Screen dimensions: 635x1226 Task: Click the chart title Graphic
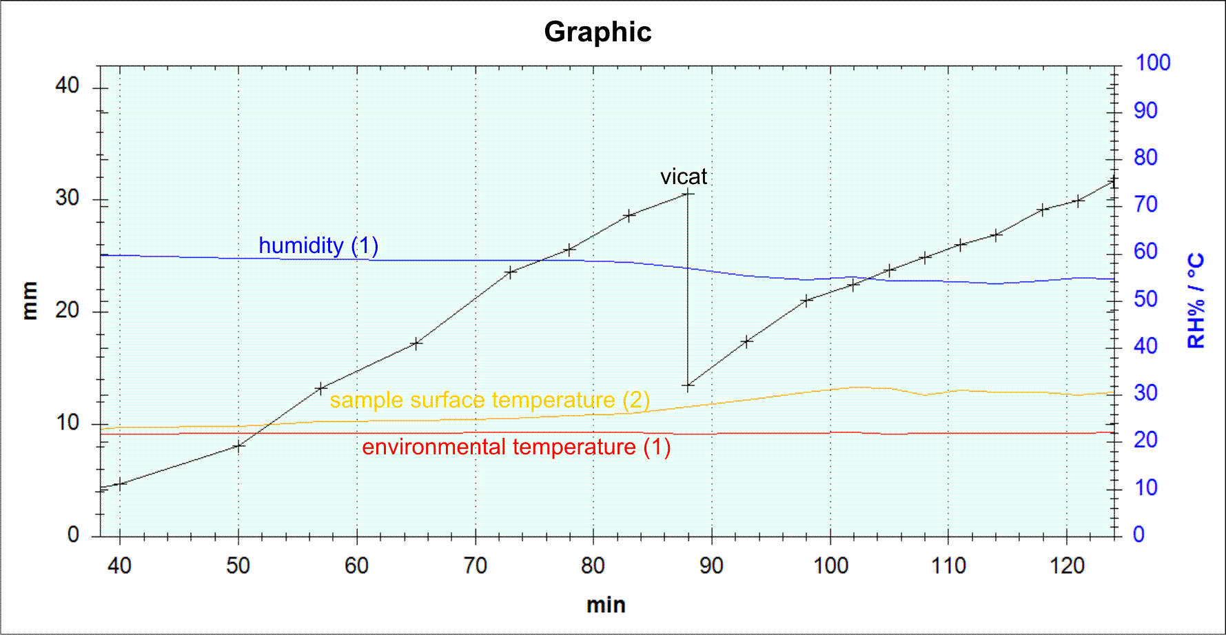tap(597, 32)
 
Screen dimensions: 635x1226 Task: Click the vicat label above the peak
tap(683, 177)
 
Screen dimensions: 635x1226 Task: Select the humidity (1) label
tap(318, 245)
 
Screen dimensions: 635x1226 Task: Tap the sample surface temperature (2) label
tap(489, 400)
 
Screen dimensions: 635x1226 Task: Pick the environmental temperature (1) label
tap(516, 447)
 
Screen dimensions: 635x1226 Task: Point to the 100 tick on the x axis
tap(830, 566)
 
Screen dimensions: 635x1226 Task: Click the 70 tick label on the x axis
tap(475, 566)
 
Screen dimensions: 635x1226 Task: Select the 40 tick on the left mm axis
tap(68, 86)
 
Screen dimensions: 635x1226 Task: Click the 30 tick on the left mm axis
tap(68, 199)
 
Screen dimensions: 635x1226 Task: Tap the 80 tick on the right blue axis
tap(1145, 158)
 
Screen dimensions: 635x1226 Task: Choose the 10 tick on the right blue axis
tap(1145, 488)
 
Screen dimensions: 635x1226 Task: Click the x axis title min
tap(606, 605)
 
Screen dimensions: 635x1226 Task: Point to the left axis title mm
tap(29, 301)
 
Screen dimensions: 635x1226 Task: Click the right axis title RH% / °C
tap(1196, 300)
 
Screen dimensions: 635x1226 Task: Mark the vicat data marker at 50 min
tap(238, 446)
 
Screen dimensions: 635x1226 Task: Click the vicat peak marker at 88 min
tap(687, 194)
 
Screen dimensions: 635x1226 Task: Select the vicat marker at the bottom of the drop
tap(687, 386)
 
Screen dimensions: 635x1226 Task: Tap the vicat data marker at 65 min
tap(416, 343)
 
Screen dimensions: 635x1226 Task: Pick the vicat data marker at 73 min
tap(511, 272)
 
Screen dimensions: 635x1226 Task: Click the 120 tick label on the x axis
tap(1067, 566)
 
